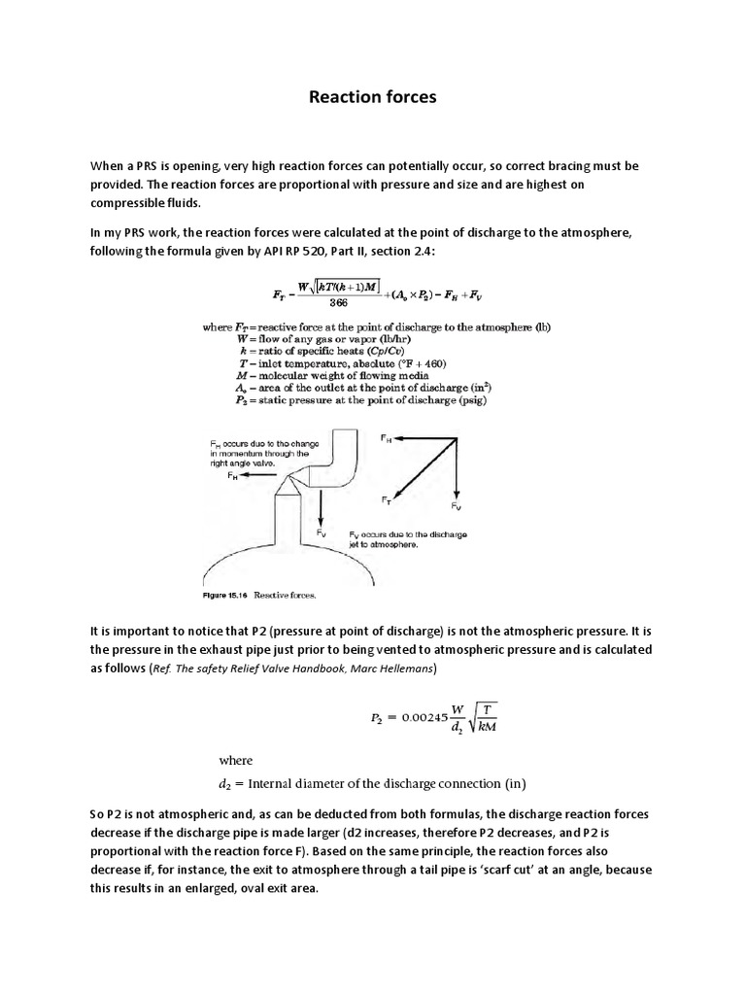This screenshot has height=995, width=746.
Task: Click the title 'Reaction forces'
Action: (x=372, y=97)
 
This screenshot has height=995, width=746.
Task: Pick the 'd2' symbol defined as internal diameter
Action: (x=225, y=783)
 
